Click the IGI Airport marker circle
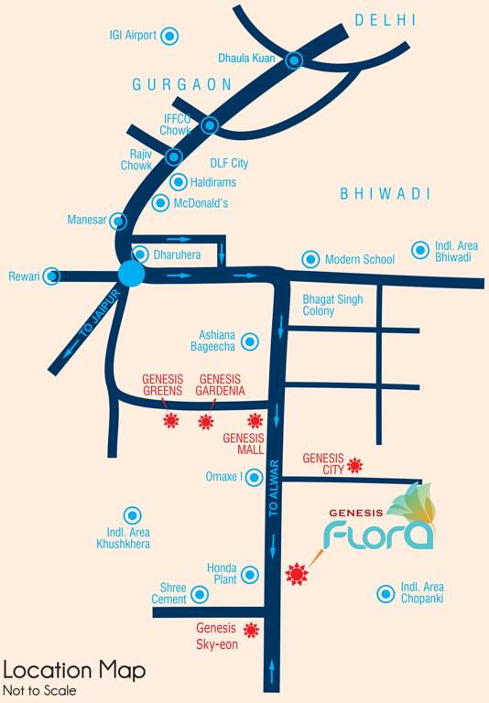point(169,37)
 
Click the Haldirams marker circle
point(179,182)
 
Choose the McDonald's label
point(201,203)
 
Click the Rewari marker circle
point(52,275)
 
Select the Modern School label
point(359,260)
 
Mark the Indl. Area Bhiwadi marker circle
point(419,249)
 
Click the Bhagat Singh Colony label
point(332,306)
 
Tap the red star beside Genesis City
point(355,465)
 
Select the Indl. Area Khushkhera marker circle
point(133,515)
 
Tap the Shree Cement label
point(168,593)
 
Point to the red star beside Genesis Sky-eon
point(251,630)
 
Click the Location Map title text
point(74,670)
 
